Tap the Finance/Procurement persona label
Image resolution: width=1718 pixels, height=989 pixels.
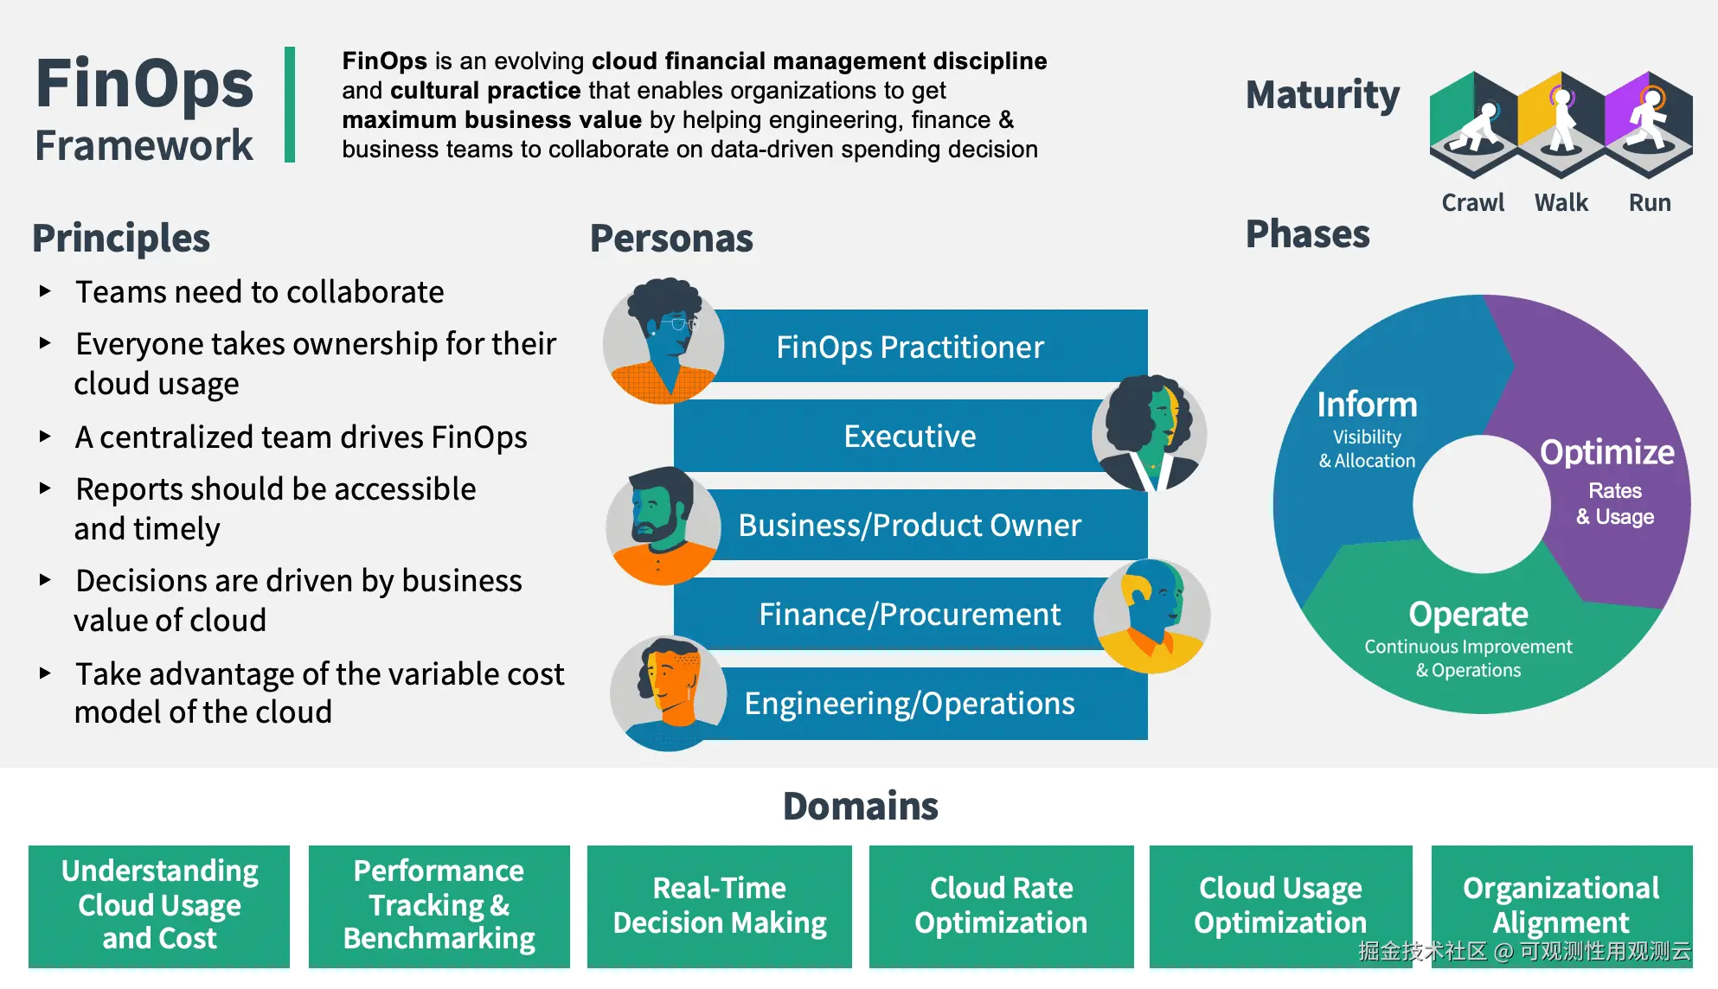click(909, 614)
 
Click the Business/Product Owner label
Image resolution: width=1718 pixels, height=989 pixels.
click(909, 525)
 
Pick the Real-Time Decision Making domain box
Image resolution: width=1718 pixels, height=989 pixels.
click(719, 906)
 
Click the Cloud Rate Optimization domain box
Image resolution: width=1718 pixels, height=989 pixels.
click(1001, 906)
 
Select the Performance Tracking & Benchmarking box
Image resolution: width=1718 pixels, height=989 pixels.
click(439, 906)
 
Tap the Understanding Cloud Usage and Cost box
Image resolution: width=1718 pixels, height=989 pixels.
click(159, 906)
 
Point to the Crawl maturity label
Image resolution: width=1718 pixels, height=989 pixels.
click(1472, 202)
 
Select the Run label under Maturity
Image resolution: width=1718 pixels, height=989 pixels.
click(1650, 202)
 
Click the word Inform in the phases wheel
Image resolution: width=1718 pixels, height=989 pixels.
click(1367, 404)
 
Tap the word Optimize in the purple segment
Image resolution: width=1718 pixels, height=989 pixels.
click(1607, 452)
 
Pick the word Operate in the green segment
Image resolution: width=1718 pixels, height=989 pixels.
click(1468, 614)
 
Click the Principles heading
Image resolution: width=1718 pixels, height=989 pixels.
click(121, 239)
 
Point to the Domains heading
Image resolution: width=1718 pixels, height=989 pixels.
click(861, 806)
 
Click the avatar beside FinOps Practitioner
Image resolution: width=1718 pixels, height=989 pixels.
click(663, 341)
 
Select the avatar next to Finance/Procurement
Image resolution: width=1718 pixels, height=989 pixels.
click(1151, 616)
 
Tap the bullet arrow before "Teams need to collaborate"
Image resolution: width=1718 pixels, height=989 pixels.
click(45, 291)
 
